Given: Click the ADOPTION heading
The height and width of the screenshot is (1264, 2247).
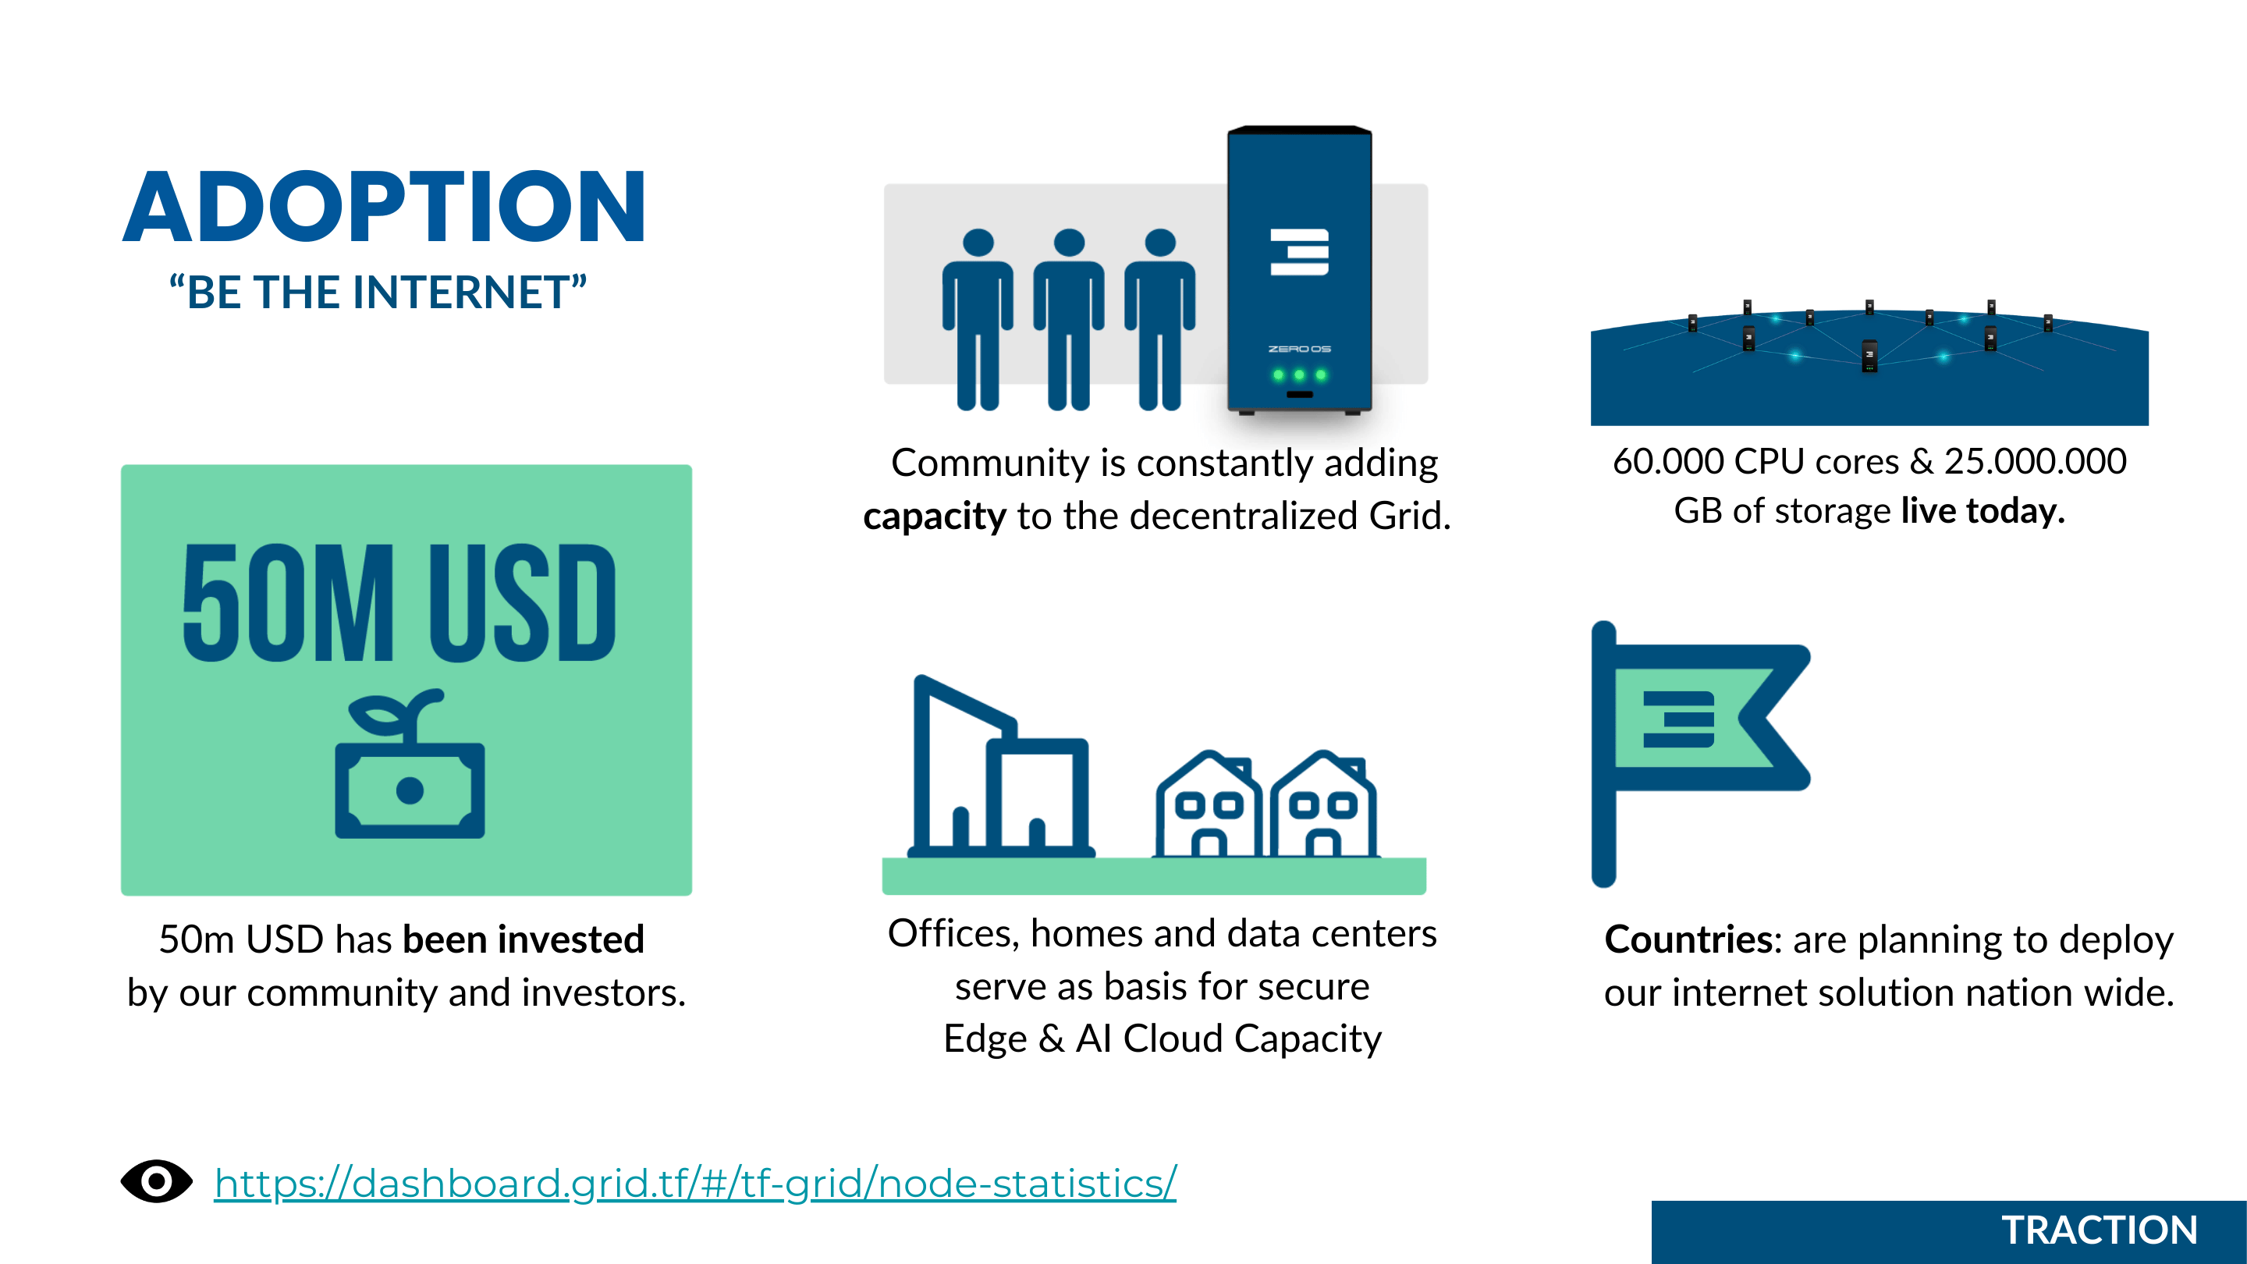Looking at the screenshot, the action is click(x=384, y=207).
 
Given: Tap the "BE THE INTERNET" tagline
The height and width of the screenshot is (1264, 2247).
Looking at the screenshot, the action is click(x=378, y=293).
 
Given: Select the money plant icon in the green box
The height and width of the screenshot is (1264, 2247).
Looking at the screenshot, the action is click(x=410, y=763).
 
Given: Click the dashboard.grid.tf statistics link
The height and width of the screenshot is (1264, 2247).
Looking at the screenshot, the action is click(x=695, y=1184).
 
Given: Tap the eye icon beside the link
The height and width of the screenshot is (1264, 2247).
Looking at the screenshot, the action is click(x=157, y=1182).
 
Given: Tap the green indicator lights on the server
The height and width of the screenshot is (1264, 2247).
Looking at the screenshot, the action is click(x=1300, y=375).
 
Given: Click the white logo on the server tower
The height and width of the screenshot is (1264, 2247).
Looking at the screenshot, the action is click(x=1300, y=252).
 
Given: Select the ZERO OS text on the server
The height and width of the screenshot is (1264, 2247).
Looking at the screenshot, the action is click(x=1300, y=349).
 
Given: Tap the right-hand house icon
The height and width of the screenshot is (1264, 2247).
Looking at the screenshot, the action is click(x=1323, y=804).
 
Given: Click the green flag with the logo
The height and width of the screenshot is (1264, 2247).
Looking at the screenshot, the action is click(x=1701, y=754).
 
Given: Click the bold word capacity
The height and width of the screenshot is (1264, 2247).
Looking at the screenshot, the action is click(x=934, y=517).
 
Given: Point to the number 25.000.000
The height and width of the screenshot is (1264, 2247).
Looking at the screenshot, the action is click(x=2035, y=461).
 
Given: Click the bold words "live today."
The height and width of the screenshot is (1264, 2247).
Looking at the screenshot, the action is click(x=1983, y=510).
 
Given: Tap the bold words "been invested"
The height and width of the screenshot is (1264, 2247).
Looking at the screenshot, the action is click(x=524, y=939).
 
